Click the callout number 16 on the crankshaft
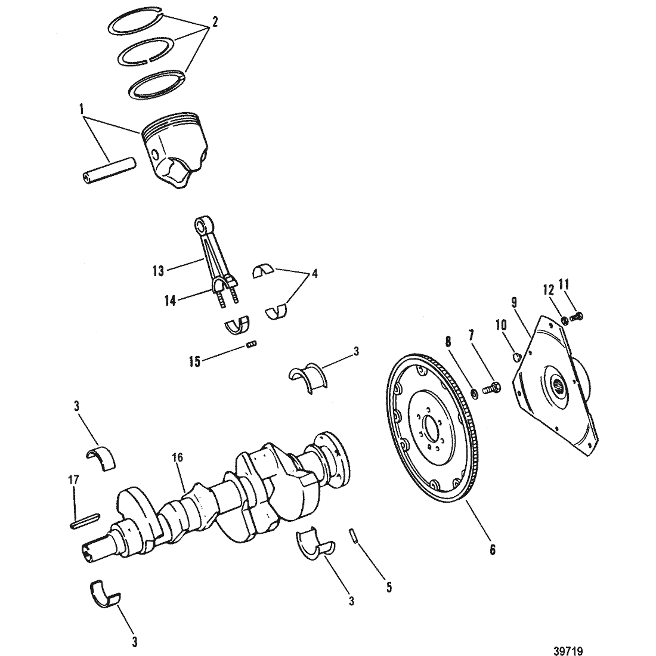click(178, 457)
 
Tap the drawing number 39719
click(568, 651)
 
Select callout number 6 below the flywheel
click(493, 550)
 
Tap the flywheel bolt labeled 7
click(491, 388)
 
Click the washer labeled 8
click(475, 394)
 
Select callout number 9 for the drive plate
click(513, 302)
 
